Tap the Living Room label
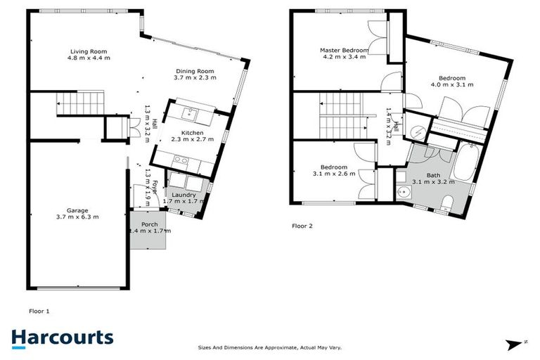tap(88, 51)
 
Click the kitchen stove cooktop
tap(180, 160)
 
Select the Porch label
tap(149, 224)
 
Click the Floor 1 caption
tap(39, 310)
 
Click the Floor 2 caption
tap(302, 226)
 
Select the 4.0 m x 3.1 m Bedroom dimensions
tap(451, 84)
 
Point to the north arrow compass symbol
tap(517, 344)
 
